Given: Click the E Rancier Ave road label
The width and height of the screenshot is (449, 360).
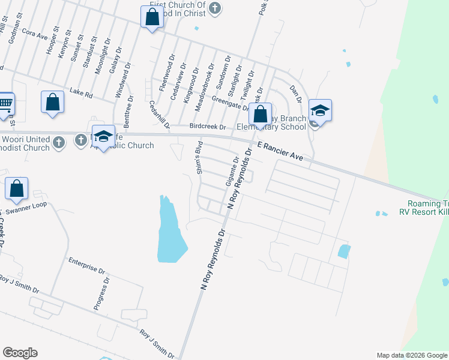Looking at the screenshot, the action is point(280,151).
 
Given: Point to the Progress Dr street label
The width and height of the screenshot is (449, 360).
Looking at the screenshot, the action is point(101,293).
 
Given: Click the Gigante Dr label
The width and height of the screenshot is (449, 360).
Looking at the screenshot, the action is point(231,171).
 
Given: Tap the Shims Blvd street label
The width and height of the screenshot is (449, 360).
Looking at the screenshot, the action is point(200,158).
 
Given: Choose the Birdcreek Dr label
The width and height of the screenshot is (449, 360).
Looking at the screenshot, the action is point(207,127).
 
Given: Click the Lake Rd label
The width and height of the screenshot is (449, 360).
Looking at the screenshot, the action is point(81,93).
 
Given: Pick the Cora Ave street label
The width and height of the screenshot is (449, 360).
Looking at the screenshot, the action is point(34,33).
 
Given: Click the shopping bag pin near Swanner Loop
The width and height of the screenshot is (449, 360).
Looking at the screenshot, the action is point(17,188).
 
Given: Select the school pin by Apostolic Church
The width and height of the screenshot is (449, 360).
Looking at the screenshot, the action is point(103,136).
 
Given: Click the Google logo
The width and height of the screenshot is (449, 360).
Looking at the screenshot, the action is point(20,353).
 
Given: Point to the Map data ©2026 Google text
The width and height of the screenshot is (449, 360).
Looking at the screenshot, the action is point(412,355).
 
